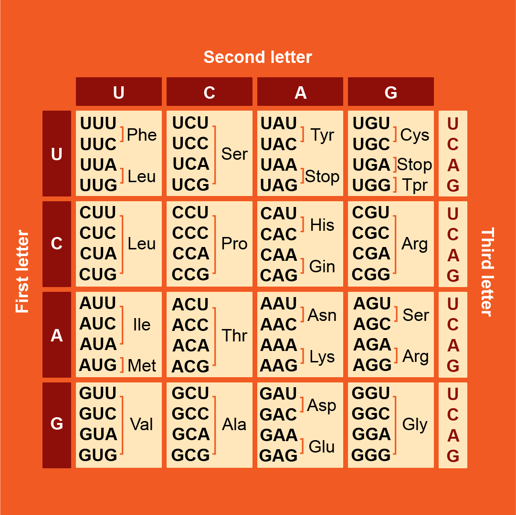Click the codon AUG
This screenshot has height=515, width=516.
tap(98, 365)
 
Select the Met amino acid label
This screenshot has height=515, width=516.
tap(142, 366)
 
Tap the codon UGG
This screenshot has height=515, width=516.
tap(371, 185)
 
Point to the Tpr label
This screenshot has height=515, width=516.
tap(415, 185)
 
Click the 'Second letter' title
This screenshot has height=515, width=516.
tap(258, 57)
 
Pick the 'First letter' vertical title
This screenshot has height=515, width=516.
tap(22, 271)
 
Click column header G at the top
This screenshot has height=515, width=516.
tap(390, 92)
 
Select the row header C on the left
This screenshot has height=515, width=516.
tap(56, 244)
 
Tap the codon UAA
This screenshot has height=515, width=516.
tap(279, 165)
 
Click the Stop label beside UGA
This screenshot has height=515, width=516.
tap(414, 165)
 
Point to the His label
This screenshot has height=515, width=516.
tap(322, 225)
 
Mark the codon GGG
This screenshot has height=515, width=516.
tap(371, 455)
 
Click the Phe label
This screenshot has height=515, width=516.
tap(142, 135)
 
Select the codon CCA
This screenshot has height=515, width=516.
tap(190, 254)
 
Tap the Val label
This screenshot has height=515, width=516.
tap(141, 424)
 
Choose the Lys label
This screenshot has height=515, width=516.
tap(322, 357)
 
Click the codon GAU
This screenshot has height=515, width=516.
tap(278, 394)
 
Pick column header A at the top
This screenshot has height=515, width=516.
tap(300, 92)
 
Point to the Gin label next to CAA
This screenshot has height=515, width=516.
tap(322, 267)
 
